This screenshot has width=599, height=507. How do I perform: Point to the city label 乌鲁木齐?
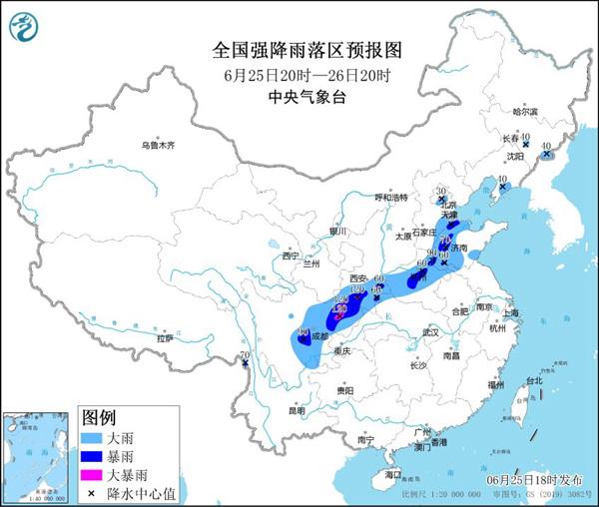click(x=157, y=146)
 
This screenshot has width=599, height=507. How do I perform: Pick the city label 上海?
click(x=511, y=312)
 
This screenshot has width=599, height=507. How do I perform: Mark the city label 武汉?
click(x=430, y=331)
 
